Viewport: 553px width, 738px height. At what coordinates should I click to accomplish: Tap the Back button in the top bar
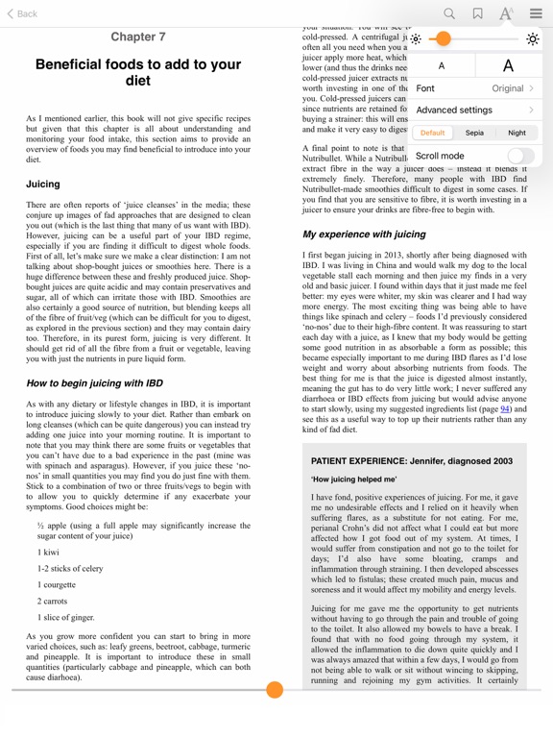(x=22, y=13)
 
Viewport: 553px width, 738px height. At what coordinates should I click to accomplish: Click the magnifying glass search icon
(x=449, y=13)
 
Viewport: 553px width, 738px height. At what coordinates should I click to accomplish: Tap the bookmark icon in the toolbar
(x=477, y=13)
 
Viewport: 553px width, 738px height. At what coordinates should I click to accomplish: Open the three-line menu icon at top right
(x=535, y=13)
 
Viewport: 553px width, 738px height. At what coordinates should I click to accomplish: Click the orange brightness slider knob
(x=442, y=38)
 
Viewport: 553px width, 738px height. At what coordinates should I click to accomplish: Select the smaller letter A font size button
(x=442, y=66)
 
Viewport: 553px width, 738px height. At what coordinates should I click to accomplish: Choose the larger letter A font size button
(x=508, y=66)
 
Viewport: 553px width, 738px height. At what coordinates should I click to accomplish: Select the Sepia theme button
(x=474, y=134)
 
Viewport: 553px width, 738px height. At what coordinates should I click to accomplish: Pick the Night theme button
(x=517, y=134)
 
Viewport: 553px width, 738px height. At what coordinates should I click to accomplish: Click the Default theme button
(x=432, y=134)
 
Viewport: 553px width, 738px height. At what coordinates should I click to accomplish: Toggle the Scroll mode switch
(x=520, y=156)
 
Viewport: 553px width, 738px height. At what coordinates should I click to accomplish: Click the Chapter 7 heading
(x=138, y=37)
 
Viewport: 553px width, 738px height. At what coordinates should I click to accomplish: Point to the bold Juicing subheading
(x=43, y=184)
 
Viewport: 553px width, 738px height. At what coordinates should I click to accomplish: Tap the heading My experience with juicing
(x=364, y=234)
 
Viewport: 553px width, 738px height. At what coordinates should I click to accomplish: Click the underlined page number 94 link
(x=504, y=408)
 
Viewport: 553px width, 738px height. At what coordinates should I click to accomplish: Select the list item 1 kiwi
(x=48, y=553)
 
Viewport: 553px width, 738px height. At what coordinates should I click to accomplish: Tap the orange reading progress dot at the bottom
(x=275, y=689)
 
